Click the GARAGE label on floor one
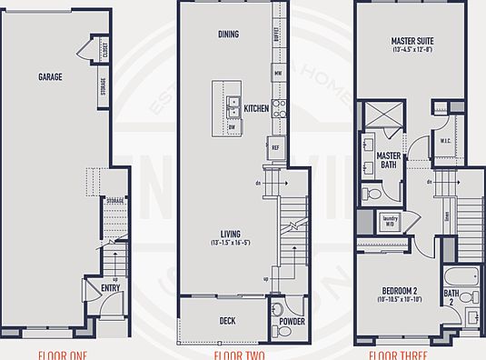50,77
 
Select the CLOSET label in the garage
104,49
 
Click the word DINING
229,35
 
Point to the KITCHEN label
256,109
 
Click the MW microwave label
277,71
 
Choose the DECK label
227,321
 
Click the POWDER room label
292,321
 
